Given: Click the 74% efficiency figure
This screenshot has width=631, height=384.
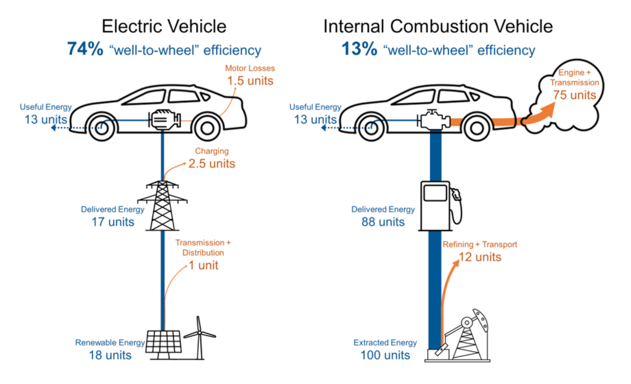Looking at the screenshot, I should point(85,49).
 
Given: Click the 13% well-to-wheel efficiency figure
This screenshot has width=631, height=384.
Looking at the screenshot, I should point(359,49).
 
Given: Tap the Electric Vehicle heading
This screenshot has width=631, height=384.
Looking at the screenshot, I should point(164,26).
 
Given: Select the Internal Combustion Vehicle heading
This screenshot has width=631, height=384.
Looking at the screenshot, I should point(438,26).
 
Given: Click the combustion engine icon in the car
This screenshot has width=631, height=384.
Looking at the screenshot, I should point(434,120).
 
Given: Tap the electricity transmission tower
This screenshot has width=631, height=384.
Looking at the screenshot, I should point(162,206).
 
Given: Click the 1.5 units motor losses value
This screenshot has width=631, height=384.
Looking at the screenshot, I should point(250,81).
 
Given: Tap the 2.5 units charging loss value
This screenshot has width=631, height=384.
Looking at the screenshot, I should point(212,164).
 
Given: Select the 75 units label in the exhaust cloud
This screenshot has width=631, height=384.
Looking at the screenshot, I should point(575,95).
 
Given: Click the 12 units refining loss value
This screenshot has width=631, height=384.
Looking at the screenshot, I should point(480,257).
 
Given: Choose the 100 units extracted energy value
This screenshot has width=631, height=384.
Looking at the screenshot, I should point(385,355).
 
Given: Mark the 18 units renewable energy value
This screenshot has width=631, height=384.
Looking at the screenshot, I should point(110,355).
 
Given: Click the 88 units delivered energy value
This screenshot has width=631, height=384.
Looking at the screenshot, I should point(383,222).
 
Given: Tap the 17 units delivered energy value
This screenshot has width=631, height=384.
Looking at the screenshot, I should point(113,222).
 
